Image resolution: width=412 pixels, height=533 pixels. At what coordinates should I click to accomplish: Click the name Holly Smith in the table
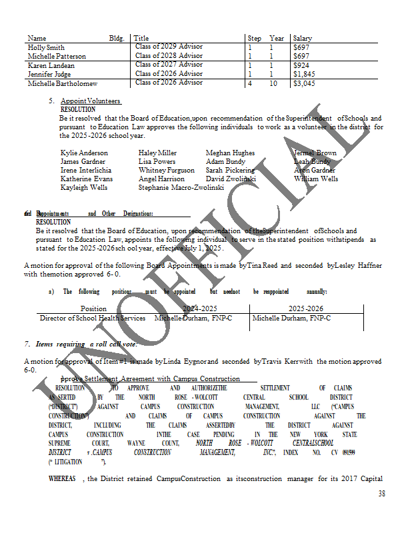47,48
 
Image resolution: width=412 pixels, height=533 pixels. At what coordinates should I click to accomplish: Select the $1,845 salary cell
304,75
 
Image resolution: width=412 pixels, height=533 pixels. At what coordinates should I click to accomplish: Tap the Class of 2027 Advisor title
169,65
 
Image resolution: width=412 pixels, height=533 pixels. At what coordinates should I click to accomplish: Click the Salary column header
302,39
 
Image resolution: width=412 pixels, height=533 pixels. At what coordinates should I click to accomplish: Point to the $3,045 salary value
304,84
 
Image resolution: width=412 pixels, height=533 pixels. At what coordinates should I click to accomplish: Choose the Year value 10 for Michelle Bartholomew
273,84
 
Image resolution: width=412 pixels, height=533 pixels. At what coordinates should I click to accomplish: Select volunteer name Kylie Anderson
84,153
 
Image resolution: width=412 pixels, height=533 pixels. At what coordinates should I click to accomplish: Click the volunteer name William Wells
316,179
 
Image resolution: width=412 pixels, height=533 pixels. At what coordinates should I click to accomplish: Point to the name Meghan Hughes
230,153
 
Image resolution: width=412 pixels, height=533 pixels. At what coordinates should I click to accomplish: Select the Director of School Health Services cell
93,318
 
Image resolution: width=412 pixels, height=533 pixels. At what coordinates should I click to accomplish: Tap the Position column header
93,309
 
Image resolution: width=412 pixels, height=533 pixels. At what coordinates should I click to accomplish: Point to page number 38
381,494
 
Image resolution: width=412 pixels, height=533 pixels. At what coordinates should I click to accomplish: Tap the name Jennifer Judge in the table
49,75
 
